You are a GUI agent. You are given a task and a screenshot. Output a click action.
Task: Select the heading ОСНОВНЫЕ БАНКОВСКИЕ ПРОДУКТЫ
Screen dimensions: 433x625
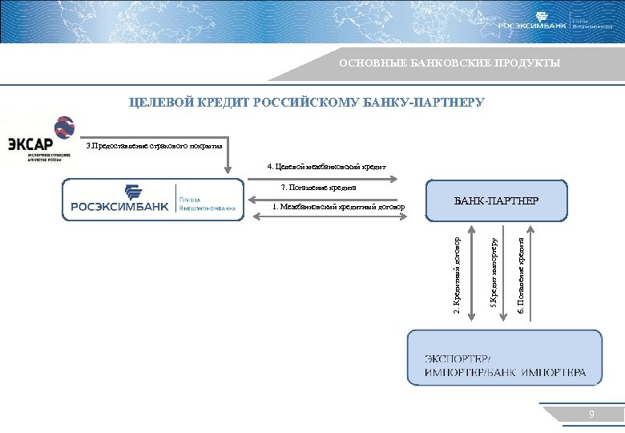coord(449,63)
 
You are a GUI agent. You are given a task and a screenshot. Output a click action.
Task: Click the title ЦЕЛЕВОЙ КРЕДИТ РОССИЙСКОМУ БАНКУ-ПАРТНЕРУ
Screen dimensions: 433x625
coord(307,103)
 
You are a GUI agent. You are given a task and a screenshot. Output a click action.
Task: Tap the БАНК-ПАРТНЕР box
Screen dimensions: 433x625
coord(497,200)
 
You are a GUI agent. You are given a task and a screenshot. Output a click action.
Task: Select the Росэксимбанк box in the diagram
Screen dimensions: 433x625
coord(152,200)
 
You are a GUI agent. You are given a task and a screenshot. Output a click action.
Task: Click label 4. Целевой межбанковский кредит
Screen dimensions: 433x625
coord(326,167)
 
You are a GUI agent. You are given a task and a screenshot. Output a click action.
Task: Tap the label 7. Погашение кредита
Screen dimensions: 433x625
coord(318,188)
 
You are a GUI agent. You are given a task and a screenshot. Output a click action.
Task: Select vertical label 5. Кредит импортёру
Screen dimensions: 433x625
coord(494,271)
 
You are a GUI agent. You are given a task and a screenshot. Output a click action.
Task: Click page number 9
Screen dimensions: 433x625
coord(591,415)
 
